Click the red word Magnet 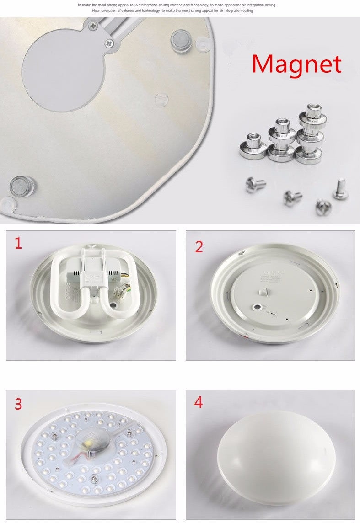296,64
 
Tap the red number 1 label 18,243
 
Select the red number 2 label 199,246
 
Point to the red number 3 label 18,404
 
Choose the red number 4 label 198,402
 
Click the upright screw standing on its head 340,189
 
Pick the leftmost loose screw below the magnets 255,184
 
